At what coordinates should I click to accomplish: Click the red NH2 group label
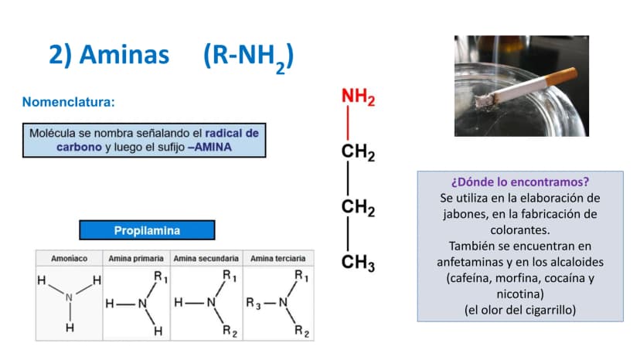pos(358,97)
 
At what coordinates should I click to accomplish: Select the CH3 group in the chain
pos(358,263)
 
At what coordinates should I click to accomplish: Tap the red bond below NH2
pos(348,123)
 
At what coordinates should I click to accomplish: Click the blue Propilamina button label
pos(147,231)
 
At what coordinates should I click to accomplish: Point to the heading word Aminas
pos(124,55)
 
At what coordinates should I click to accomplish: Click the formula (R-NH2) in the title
pos(248,57)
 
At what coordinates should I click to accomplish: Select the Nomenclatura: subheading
pos(69,102)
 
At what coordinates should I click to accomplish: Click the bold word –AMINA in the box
pos(209,147)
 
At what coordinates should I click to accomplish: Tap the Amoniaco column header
pos(69,258)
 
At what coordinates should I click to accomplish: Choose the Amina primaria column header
pos(136,258)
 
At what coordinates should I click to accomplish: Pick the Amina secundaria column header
pos(206,258)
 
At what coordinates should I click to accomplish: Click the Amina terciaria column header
pos(278,258)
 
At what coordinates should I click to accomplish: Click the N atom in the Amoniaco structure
pos(69,297)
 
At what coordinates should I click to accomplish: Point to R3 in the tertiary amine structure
pos(253,304)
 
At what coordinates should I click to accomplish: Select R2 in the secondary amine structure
pos(230,331)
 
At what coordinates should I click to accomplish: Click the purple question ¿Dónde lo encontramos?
pos(520,182)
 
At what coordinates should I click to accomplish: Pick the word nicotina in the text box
pos(519,294)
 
